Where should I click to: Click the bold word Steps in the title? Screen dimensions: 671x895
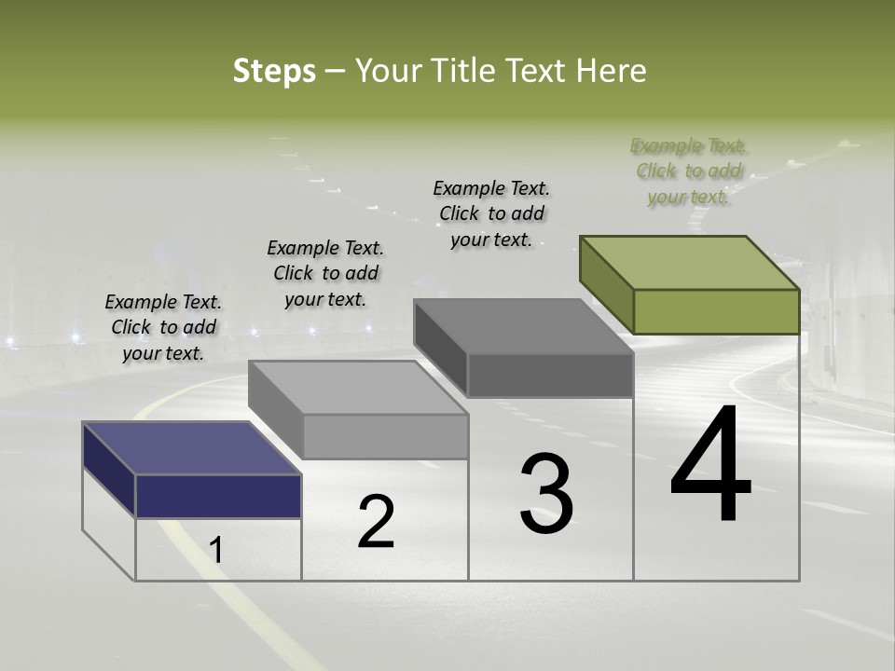coord(274,71)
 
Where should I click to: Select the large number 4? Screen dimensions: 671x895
coord(711,467)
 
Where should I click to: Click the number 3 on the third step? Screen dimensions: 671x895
coord(546,494)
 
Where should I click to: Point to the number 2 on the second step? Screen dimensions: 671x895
coord(377,522)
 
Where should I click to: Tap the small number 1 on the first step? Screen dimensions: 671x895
coord(216,551)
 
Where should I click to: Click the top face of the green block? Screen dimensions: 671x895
coord(690,263)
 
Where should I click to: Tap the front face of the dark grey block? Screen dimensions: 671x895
coord(550,376)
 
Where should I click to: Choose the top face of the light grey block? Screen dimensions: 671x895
coord(358,388)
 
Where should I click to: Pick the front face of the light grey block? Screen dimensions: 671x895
coord(385,437)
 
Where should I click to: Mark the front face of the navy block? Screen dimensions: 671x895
coord(218,496)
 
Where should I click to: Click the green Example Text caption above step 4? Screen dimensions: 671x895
coord(689,171)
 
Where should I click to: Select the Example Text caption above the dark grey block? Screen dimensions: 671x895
coord(491,213)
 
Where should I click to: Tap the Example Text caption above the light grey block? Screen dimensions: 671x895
coord(325,273)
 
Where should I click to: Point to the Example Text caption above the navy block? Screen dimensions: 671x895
coord(163,327)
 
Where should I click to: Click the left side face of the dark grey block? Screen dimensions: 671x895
coord(441,348)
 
